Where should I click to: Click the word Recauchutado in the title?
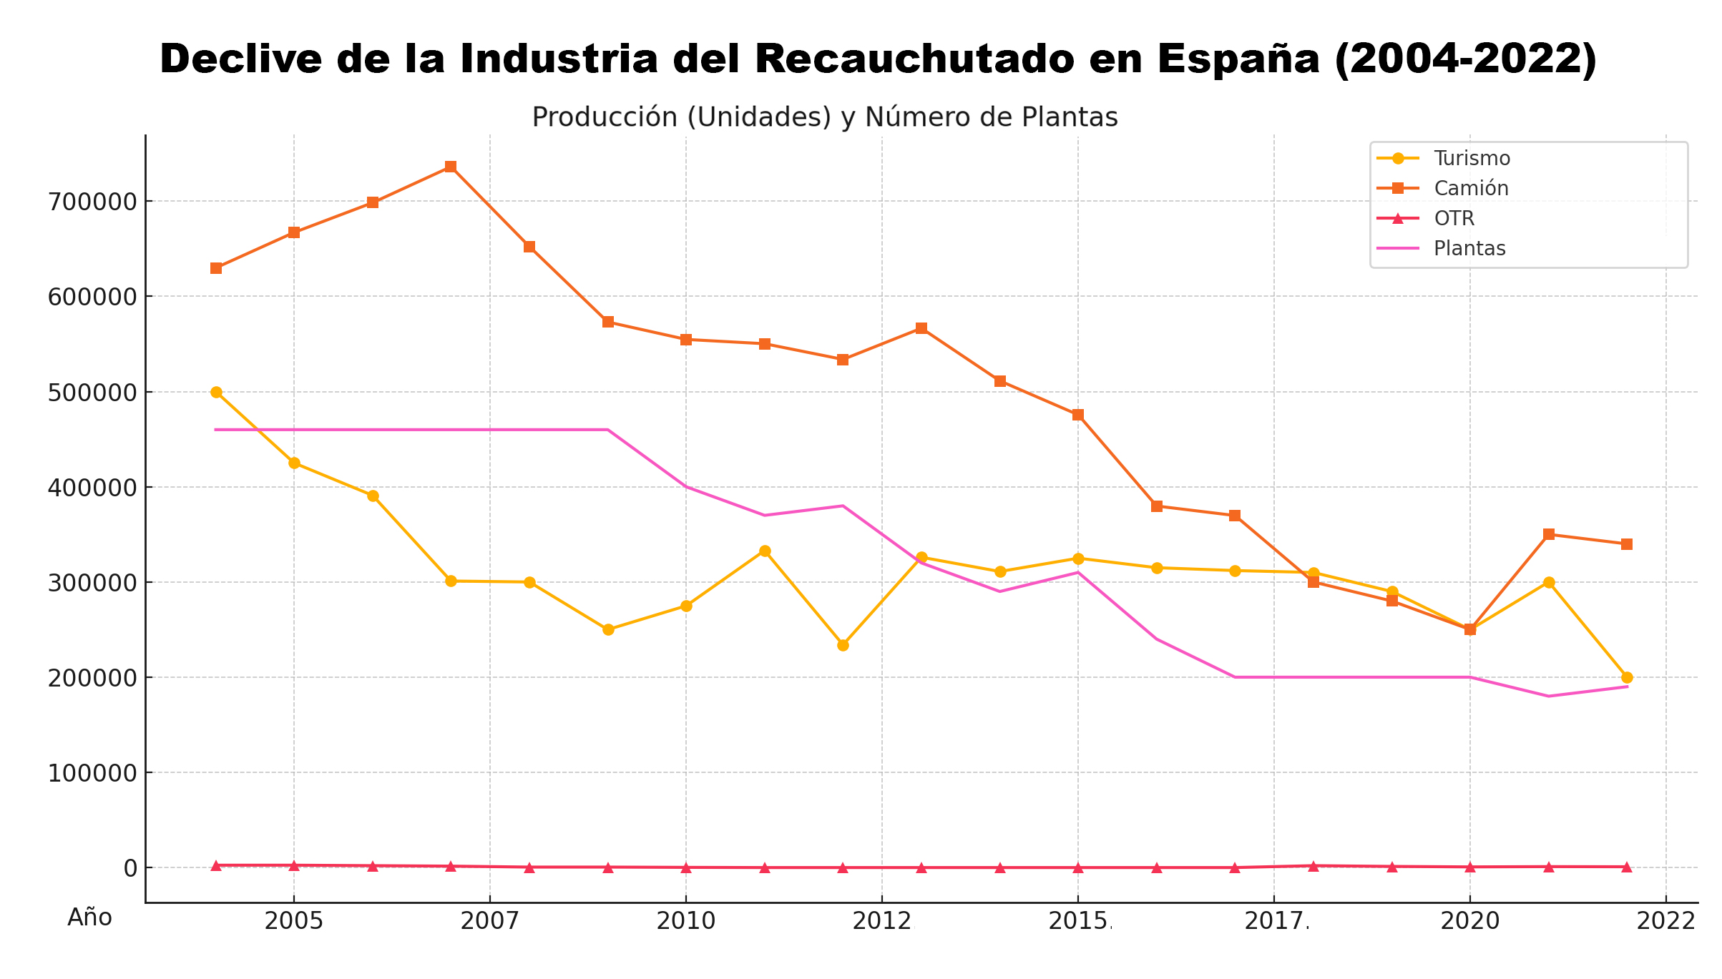click(914, 59)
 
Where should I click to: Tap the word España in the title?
click(1239, 59)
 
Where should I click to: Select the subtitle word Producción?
click(605, 117)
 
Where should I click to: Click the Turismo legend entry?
click(1472, 158)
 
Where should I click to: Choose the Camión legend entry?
click(1471, 188)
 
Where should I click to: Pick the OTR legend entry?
click(1454, 218)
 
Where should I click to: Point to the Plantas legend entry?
click(1469, 248)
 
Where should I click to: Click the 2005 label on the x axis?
click(293, 921)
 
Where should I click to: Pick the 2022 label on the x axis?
click(1666, 921)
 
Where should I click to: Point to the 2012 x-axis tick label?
click(881, 921)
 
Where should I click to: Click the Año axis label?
click(90, 917)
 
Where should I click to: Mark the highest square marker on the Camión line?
click(451, 167)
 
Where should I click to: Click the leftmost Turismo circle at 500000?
click(216, 392)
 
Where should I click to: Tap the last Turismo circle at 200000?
click(1627, 677)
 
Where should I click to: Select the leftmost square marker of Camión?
click(216, 268)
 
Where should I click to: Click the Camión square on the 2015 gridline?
click(1078, 415)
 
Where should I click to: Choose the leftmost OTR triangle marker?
click(216, 866)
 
